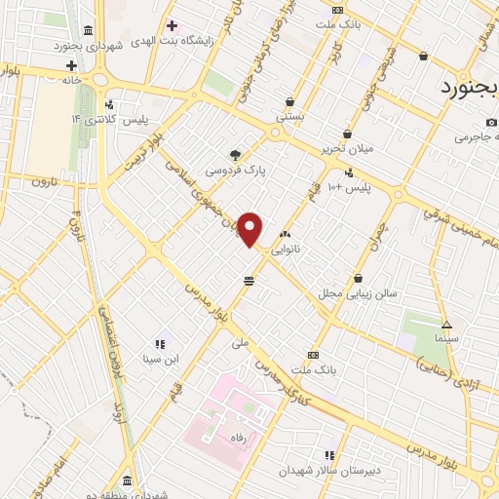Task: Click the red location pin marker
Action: pos(250,228)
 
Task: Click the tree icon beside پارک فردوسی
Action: pos(234,154)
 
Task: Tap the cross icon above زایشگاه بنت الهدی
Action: pos(173,25)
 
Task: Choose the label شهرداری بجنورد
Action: pos(116,45)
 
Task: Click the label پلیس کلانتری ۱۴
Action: pos(105,118)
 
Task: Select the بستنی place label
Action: pos(290,116)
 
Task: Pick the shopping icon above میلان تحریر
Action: pos(347,134)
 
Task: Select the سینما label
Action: pos(448,337)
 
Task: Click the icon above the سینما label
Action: pos(447,325)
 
